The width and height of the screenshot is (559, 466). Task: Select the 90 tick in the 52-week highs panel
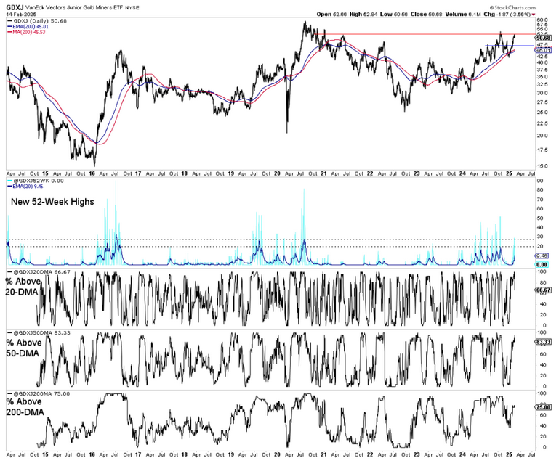pyautogui.click(x=541, y=190)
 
